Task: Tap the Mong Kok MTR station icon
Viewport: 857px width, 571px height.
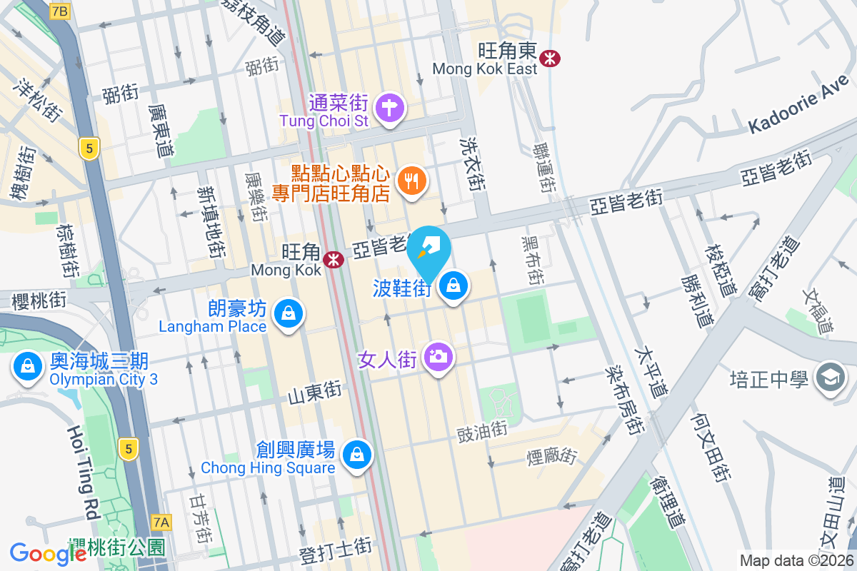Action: (x=332, y=260)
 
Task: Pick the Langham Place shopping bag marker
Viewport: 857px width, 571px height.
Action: (x=287, y=313)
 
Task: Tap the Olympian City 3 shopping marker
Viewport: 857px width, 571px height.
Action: (x=27, y=368)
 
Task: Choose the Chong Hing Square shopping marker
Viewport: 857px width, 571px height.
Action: (x=356, y=454)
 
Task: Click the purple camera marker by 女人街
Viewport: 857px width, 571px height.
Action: (x=437, y=356)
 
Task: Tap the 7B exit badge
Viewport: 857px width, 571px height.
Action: (x=61, y=11)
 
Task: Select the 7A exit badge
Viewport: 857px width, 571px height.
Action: (x=162, y=522)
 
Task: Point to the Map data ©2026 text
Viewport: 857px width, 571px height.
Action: (x=796, y=561)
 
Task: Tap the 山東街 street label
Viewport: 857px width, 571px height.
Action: (x=315, y=391)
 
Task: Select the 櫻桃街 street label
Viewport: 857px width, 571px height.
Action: (x=40, y=300)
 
